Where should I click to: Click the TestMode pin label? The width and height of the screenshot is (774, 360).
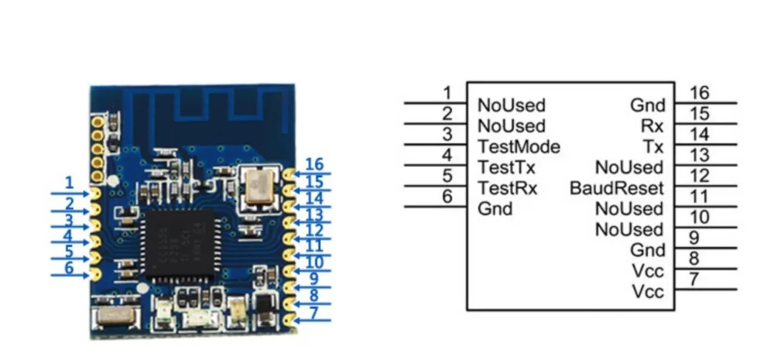(x=519, y=146)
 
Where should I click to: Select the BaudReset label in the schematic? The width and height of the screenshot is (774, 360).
(x=617, y=188)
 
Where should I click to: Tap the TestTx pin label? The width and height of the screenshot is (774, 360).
(x=506, y=167)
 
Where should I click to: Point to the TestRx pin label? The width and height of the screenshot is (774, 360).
(x=508, y=188)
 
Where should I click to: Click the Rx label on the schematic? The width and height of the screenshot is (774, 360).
(x=652, y=126)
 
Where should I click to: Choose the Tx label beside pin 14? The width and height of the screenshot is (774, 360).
(x=653, y=146)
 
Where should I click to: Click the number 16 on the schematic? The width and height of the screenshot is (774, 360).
(x=700, y=93)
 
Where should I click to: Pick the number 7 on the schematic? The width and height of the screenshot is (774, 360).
(x=694, y=279)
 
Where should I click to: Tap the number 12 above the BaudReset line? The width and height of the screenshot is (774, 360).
(x=700, y=176)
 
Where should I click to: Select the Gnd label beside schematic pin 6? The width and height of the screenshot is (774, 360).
(x=495, y=209)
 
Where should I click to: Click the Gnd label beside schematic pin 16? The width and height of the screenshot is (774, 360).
(x=648, y=105)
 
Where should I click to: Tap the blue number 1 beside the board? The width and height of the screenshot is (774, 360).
(x=69, y=183)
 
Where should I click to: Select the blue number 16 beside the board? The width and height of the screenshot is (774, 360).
(x=314, y=164)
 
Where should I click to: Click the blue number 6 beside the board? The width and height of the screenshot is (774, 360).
(x=69, y=268)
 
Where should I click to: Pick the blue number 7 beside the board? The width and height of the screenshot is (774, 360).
(x=314, y=313)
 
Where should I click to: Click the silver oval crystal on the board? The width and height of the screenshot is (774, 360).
(x=115, y=315)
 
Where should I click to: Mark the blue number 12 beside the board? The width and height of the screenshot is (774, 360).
(x=314, y=230)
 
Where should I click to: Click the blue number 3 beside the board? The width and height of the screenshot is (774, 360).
(x=69, y=220)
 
